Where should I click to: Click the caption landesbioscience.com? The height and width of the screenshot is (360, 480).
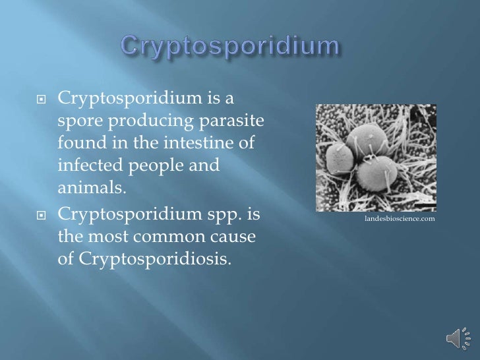pyautogui.click(x=399, y=218)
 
